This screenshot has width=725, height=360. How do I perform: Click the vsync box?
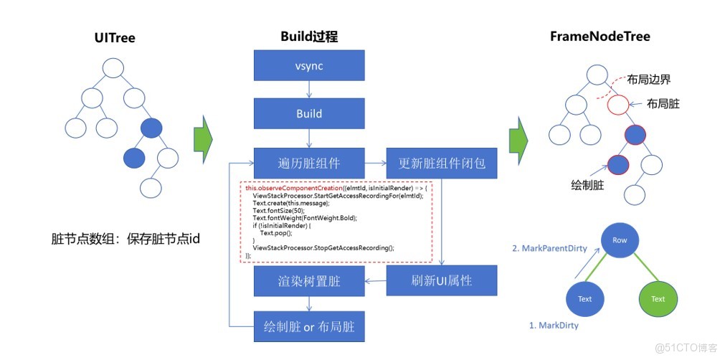coord(309,66)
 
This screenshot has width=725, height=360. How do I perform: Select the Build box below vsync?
coord(309,114)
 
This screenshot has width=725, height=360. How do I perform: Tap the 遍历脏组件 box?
coord(309,164)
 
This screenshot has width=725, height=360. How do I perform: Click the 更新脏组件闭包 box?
coord(442,164)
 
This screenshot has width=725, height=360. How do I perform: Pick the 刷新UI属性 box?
coord(442,280)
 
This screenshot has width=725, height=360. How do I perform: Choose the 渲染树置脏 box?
coord(309,282)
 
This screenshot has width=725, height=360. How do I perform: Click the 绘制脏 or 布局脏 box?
coord(309,328)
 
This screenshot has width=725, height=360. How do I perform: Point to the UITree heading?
coord(114,37)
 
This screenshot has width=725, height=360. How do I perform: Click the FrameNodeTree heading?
coord(600,37)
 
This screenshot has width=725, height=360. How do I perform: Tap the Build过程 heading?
coord(308,37)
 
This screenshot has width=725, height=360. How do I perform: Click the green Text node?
coord(658,298)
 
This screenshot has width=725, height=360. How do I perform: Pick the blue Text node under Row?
coord(584,298)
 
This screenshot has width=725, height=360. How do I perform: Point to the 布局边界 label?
coord(648,80)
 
